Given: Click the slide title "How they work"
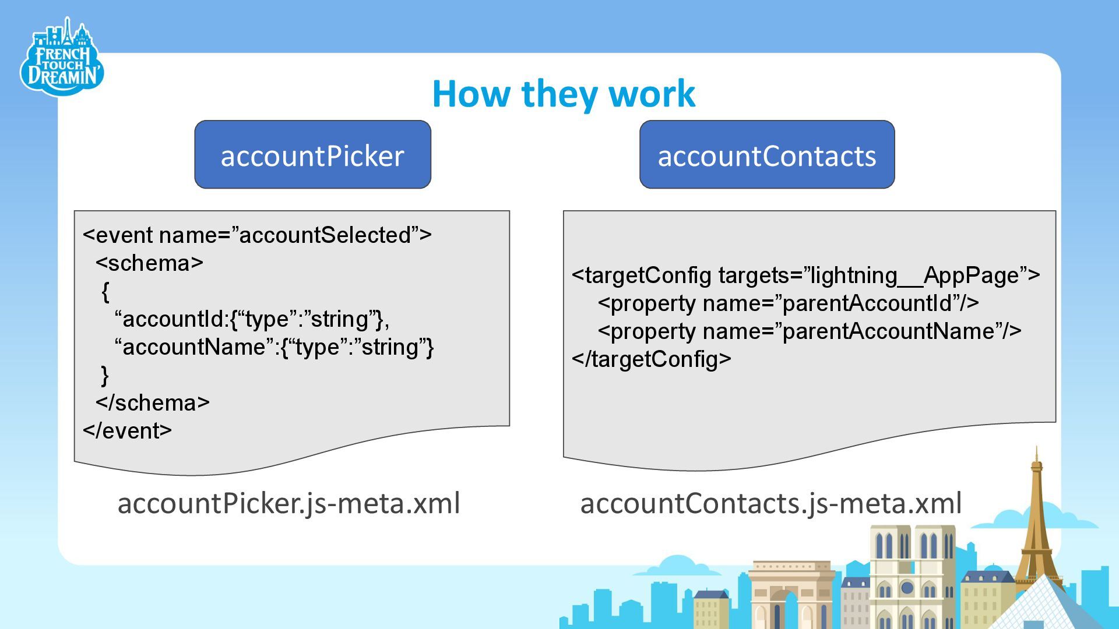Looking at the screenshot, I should (x=564, y=93).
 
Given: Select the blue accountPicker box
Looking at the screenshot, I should (x=312, y=155).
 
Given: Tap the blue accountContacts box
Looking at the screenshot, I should (x=766, y=155).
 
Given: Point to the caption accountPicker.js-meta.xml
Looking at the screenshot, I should (x=288, y=503).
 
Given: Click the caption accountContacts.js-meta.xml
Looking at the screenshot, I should (x=770, y=503).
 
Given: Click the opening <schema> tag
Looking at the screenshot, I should (x=149, y=263).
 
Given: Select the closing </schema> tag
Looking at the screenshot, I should (x=152, y=403).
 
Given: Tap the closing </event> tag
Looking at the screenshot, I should (x=127, y=431).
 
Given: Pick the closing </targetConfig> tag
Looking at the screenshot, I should (x=651, y=359).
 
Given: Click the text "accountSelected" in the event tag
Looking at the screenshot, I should (x=325, y=235).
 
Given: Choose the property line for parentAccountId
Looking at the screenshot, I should (x=788, y=303).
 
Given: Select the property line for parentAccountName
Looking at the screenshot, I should (x=809, y=331).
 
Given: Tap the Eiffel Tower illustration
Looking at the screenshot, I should (x=1036, y=524).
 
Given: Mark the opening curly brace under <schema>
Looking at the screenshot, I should (x=105, y=291).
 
